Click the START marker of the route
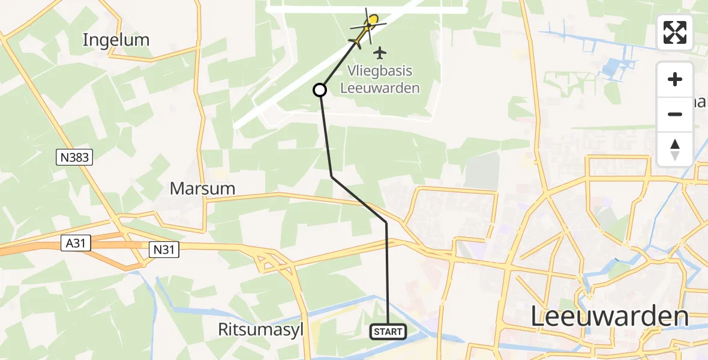pyautogui.click(x=389, y=331)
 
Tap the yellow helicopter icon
pyautogui.click(x=367, y=28)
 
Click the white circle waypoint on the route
pyautogui.click(x=320, y=90)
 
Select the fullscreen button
pyautogui.click(x=675, y=32)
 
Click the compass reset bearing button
pyautogui.click(x=675, y=149)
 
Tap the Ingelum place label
pyautogui.click(x=116, y=40)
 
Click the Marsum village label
pyautogui.click(x=202, y=189)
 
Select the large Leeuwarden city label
pyautogui.click(x=610, y=317)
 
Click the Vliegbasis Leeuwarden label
pyautogui.click(x=380, y=79)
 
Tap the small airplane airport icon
pyautogui.click(x=379, y=53)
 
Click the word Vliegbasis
pyautogui.click(x=380, y=71)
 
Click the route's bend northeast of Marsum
pyautogui.click(x=332, y=176)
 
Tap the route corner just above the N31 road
pyautogui.click(x=386, y=223)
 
